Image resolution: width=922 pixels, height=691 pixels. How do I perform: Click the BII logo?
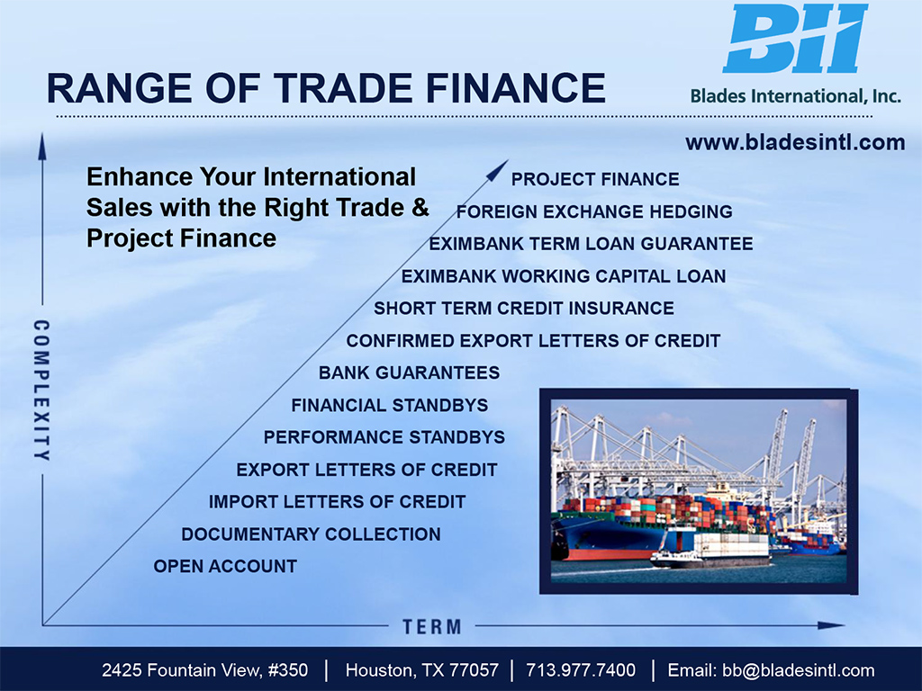point(795,38)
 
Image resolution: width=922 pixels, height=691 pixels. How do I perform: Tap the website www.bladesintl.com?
point(795,143)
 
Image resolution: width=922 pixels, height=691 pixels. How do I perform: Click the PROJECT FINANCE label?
point(595,179)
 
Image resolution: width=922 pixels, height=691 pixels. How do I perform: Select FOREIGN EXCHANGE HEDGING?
point(594,211)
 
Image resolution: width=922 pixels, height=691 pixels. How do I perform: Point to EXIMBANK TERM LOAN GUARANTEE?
point(591,244)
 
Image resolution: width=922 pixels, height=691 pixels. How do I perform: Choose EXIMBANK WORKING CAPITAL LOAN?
point(564,276)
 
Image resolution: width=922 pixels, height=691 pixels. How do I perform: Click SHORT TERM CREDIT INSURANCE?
point(524,309)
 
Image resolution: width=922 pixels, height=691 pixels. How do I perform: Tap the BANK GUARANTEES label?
point(410,373)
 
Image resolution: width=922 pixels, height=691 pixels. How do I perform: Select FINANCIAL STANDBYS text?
point(389,406)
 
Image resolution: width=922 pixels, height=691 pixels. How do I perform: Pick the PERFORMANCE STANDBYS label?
point(384,438)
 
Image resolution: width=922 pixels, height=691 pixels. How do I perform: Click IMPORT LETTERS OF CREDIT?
point(337,502)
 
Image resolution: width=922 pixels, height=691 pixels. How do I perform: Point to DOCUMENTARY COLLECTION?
point(311,534)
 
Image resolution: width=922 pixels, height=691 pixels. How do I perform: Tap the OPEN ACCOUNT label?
point(225,567)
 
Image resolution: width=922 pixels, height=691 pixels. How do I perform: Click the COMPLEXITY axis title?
point(41,390)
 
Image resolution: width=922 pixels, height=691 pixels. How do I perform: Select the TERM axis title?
point(432,627)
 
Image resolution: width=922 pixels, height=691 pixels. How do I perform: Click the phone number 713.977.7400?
point(581,670)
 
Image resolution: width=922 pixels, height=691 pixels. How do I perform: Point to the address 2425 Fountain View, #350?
point(204,670)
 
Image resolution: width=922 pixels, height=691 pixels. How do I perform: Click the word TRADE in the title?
point(344,89)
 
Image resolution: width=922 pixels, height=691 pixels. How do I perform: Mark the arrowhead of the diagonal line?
point(499,169)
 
